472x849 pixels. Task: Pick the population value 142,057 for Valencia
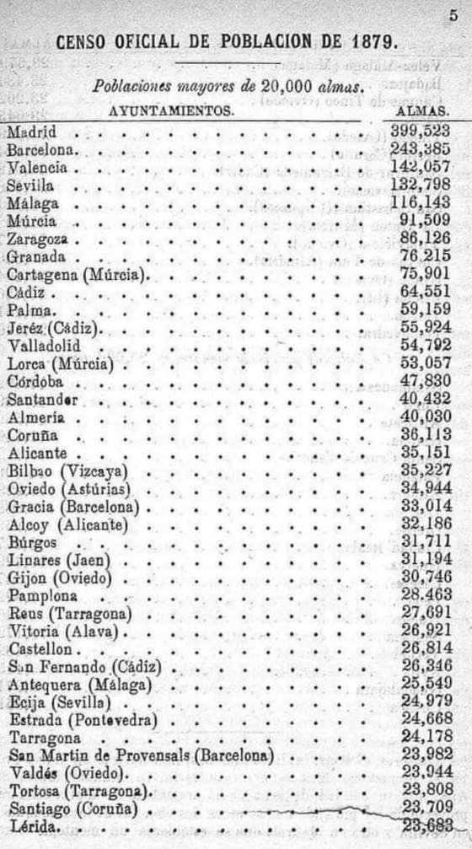click(x=421, y=168)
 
